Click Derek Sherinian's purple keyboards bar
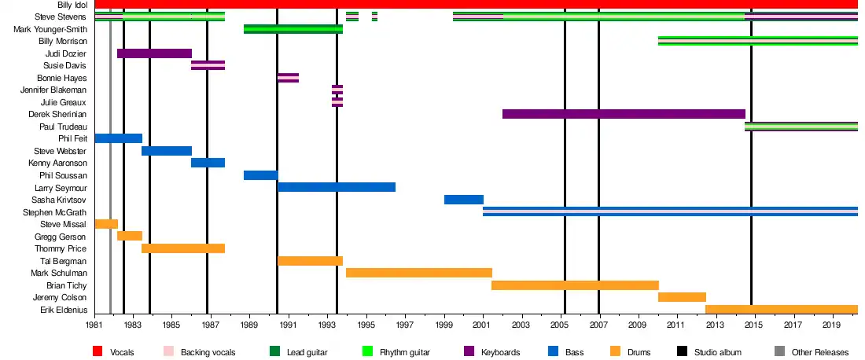[624, 114]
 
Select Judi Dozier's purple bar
[154, 53]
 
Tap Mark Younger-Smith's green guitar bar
[293, 29]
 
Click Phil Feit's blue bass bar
[118, 138]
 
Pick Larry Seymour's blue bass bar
[337, 187]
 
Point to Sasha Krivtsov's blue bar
[463, 200]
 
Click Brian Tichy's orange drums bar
[575, 285]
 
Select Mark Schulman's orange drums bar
[418, 273]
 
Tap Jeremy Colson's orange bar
[682, 297]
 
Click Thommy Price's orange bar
[183, 248]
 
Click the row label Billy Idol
[72, 5]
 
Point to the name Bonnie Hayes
[62, 78]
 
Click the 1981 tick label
[95, 323]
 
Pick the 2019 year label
[831, 323]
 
